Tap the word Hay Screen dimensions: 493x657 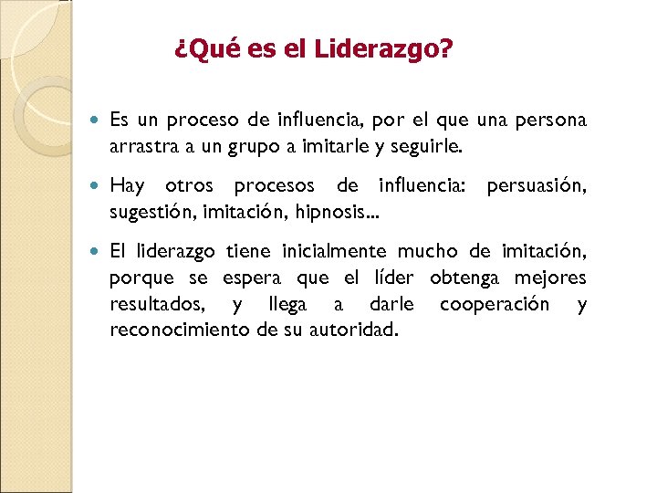pyautogui.click(x=127, y=186)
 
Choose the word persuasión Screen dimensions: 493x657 pyautogui.click(x=537, y=186)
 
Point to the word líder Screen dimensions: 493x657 pyautogui.click(x=391, y=278)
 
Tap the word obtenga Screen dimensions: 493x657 pyautogui.click(x=464, y=278)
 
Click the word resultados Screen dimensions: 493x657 pyautogui.click(x=157, y=304)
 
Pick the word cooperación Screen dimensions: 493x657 pyautogui.click(x=495, y=304)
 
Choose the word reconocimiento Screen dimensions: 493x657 pyautogui.click(x=180, y=330)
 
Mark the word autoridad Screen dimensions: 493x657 pyautogui.click(x=360, y=330)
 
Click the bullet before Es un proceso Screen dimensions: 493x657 pyautogui.click(x=98, y=121)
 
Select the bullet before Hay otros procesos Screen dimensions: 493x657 pyautogui.click(x=98, y=186)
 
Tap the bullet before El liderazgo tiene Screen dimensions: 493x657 pyautogui.click(x=98, y=252)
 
